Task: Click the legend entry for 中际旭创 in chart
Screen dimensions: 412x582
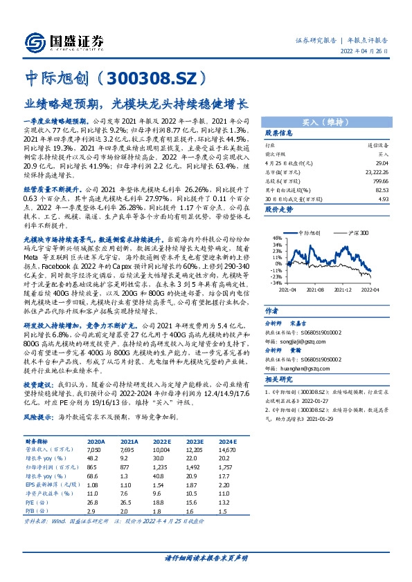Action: (309, 233)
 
